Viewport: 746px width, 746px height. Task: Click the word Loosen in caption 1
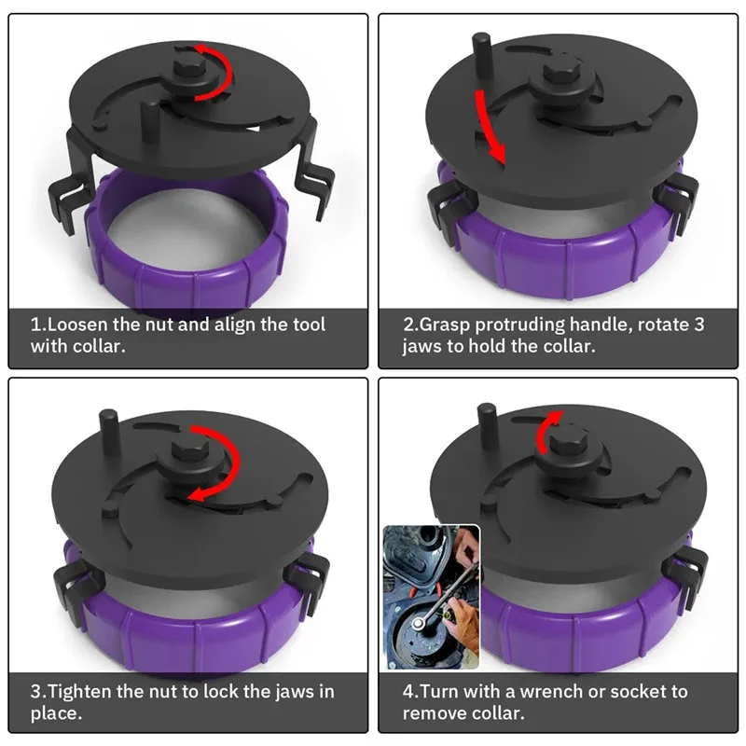pos(76,325)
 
